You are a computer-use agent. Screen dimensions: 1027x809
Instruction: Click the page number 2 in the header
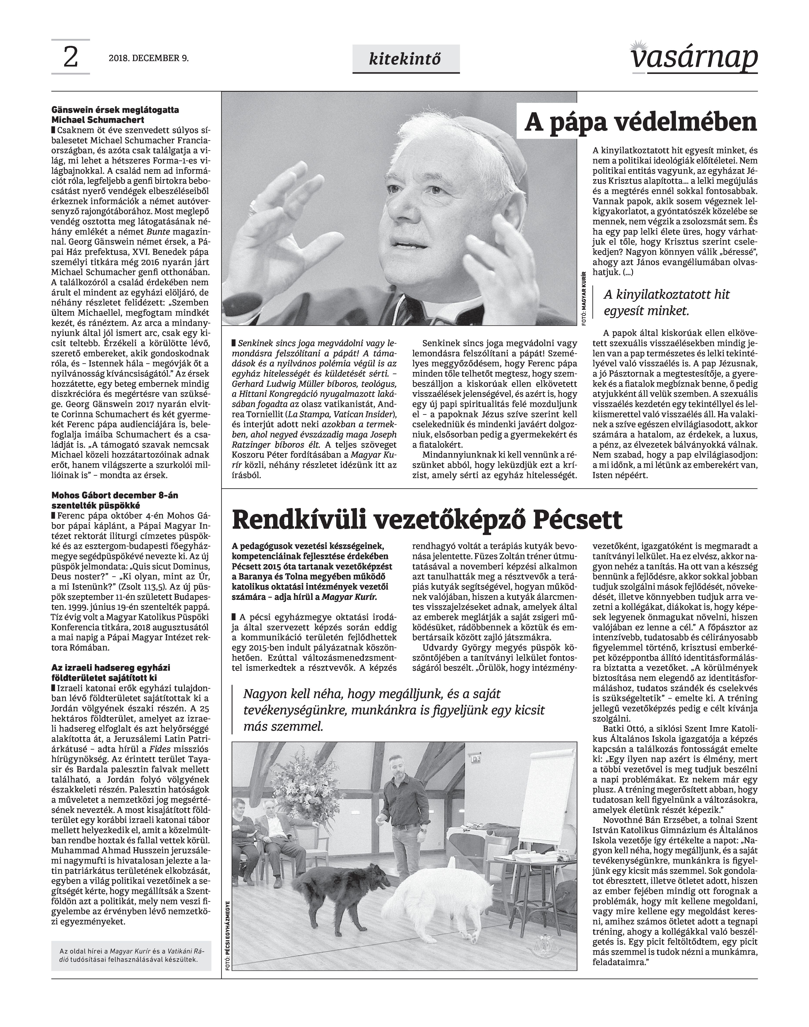[x=70, y=58]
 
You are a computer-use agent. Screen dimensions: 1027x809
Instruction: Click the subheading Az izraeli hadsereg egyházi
[x=111, y=672]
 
